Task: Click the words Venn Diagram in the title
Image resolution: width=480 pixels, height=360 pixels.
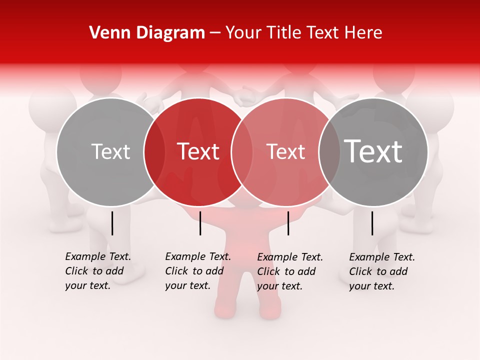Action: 147,33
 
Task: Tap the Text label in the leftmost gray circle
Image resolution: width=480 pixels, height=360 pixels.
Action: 110,151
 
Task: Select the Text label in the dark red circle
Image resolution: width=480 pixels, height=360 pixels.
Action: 198,151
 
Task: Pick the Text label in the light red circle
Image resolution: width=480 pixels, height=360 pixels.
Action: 285,151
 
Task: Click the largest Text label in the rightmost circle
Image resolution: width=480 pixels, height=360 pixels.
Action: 373,151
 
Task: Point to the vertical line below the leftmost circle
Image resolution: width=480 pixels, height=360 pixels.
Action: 112,223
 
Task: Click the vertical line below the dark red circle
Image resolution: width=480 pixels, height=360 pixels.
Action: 200,223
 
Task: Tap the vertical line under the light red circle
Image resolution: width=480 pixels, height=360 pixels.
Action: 288,223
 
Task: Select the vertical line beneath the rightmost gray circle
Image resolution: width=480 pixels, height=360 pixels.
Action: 372,223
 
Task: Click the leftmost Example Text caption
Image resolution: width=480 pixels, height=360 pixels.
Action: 98,271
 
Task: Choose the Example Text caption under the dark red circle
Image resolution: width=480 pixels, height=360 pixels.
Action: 198,271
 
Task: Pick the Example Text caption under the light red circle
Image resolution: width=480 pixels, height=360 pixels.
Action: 290,271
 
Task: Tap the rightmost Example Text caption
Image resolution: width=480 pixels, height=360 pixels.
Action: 382,271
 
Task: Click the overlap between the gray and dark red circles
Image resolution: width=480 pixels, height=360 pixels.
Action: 154,151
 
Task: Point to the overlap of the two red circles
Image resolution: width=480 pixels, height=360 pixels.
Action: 242,151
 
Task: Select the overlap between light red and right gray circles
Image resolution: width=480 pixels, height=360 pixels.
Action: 329,151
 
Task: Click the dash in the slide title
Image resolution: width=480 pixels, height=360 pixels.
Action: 215,33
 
